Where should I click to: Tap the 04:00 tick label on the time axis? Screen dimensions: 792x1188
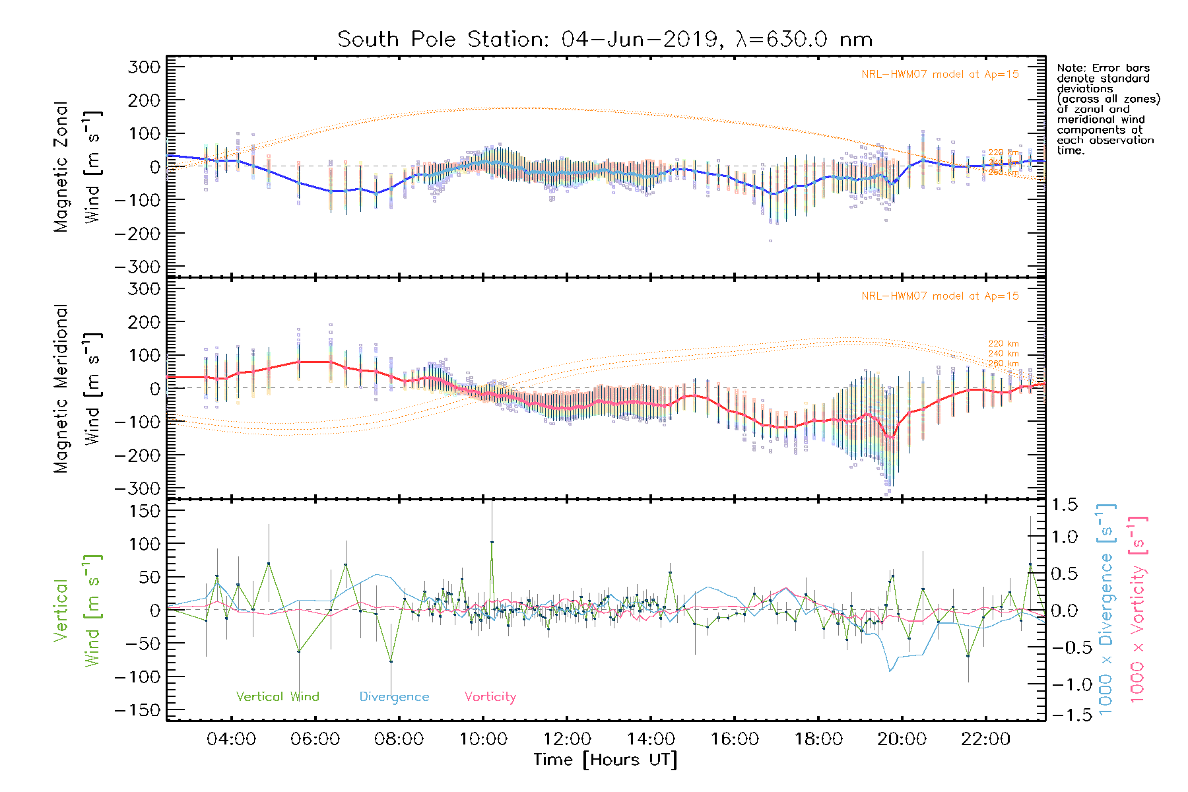[231, 739]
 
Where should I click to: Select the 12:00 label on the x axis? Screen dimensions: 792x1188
[567, 739]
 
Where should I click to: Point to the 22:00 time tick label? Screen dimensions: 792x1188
[985, 739]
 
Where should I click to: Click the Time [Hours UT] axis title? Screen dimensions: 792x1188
[605, 760]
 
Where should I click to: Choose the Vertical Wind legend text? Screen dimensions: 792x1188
[277, 696]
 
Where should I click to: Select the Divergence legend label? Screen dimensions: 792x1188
[394, 696]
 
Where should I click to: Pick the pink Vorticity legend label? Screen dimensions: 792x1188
[490, 696]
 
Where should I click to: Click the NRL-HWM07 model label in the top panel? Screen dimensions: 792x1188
[940, 75]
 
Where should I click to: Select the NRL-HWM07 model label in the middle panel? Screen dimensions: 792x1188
[940, 296]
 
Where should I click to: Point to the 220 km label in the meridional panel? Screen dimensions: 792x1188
[1003, 344]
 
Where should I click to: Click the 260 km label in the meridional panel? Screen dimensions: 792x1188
[1003, 364]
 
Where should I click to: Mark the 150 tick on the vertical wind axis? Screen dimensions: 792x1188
[145, 511]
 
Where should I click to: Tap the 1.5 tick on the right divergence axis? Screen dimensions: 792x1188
[1065, 505]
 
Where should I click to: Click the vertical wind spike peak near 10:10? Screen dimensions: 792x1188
[492, 543]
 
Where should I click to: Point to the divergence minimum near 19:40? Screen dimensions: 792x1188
[890, 671]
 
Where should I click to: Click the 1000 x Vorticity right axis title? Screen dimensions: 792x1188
[1138, 610]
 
